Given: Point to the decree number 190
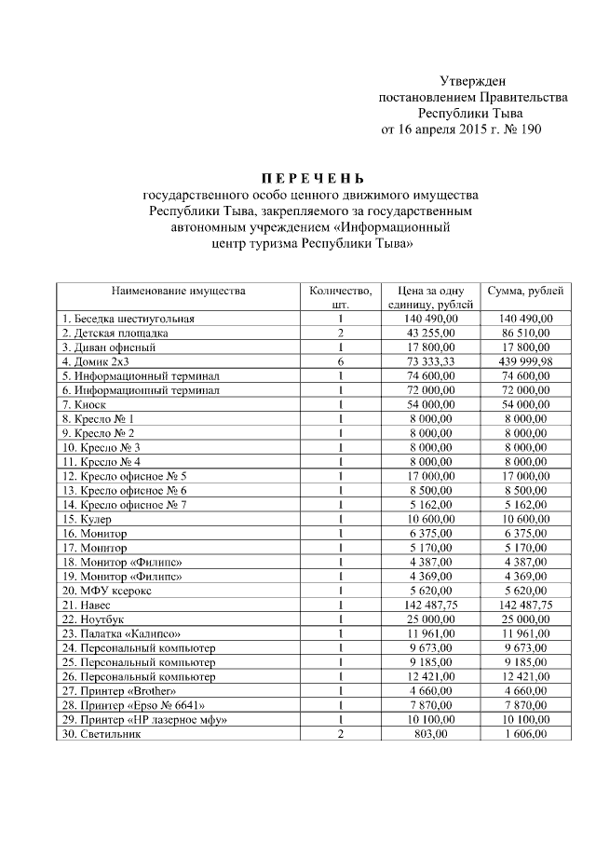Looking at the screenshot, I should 529,129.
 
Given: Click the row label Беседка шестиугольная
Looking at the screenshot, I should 128,319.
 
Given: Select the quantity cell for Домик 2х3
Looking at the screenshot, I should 341,360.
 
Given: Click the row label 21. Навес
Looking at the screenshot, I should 88,605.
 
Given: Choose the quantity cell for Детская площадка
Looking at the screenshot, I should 341,333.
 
